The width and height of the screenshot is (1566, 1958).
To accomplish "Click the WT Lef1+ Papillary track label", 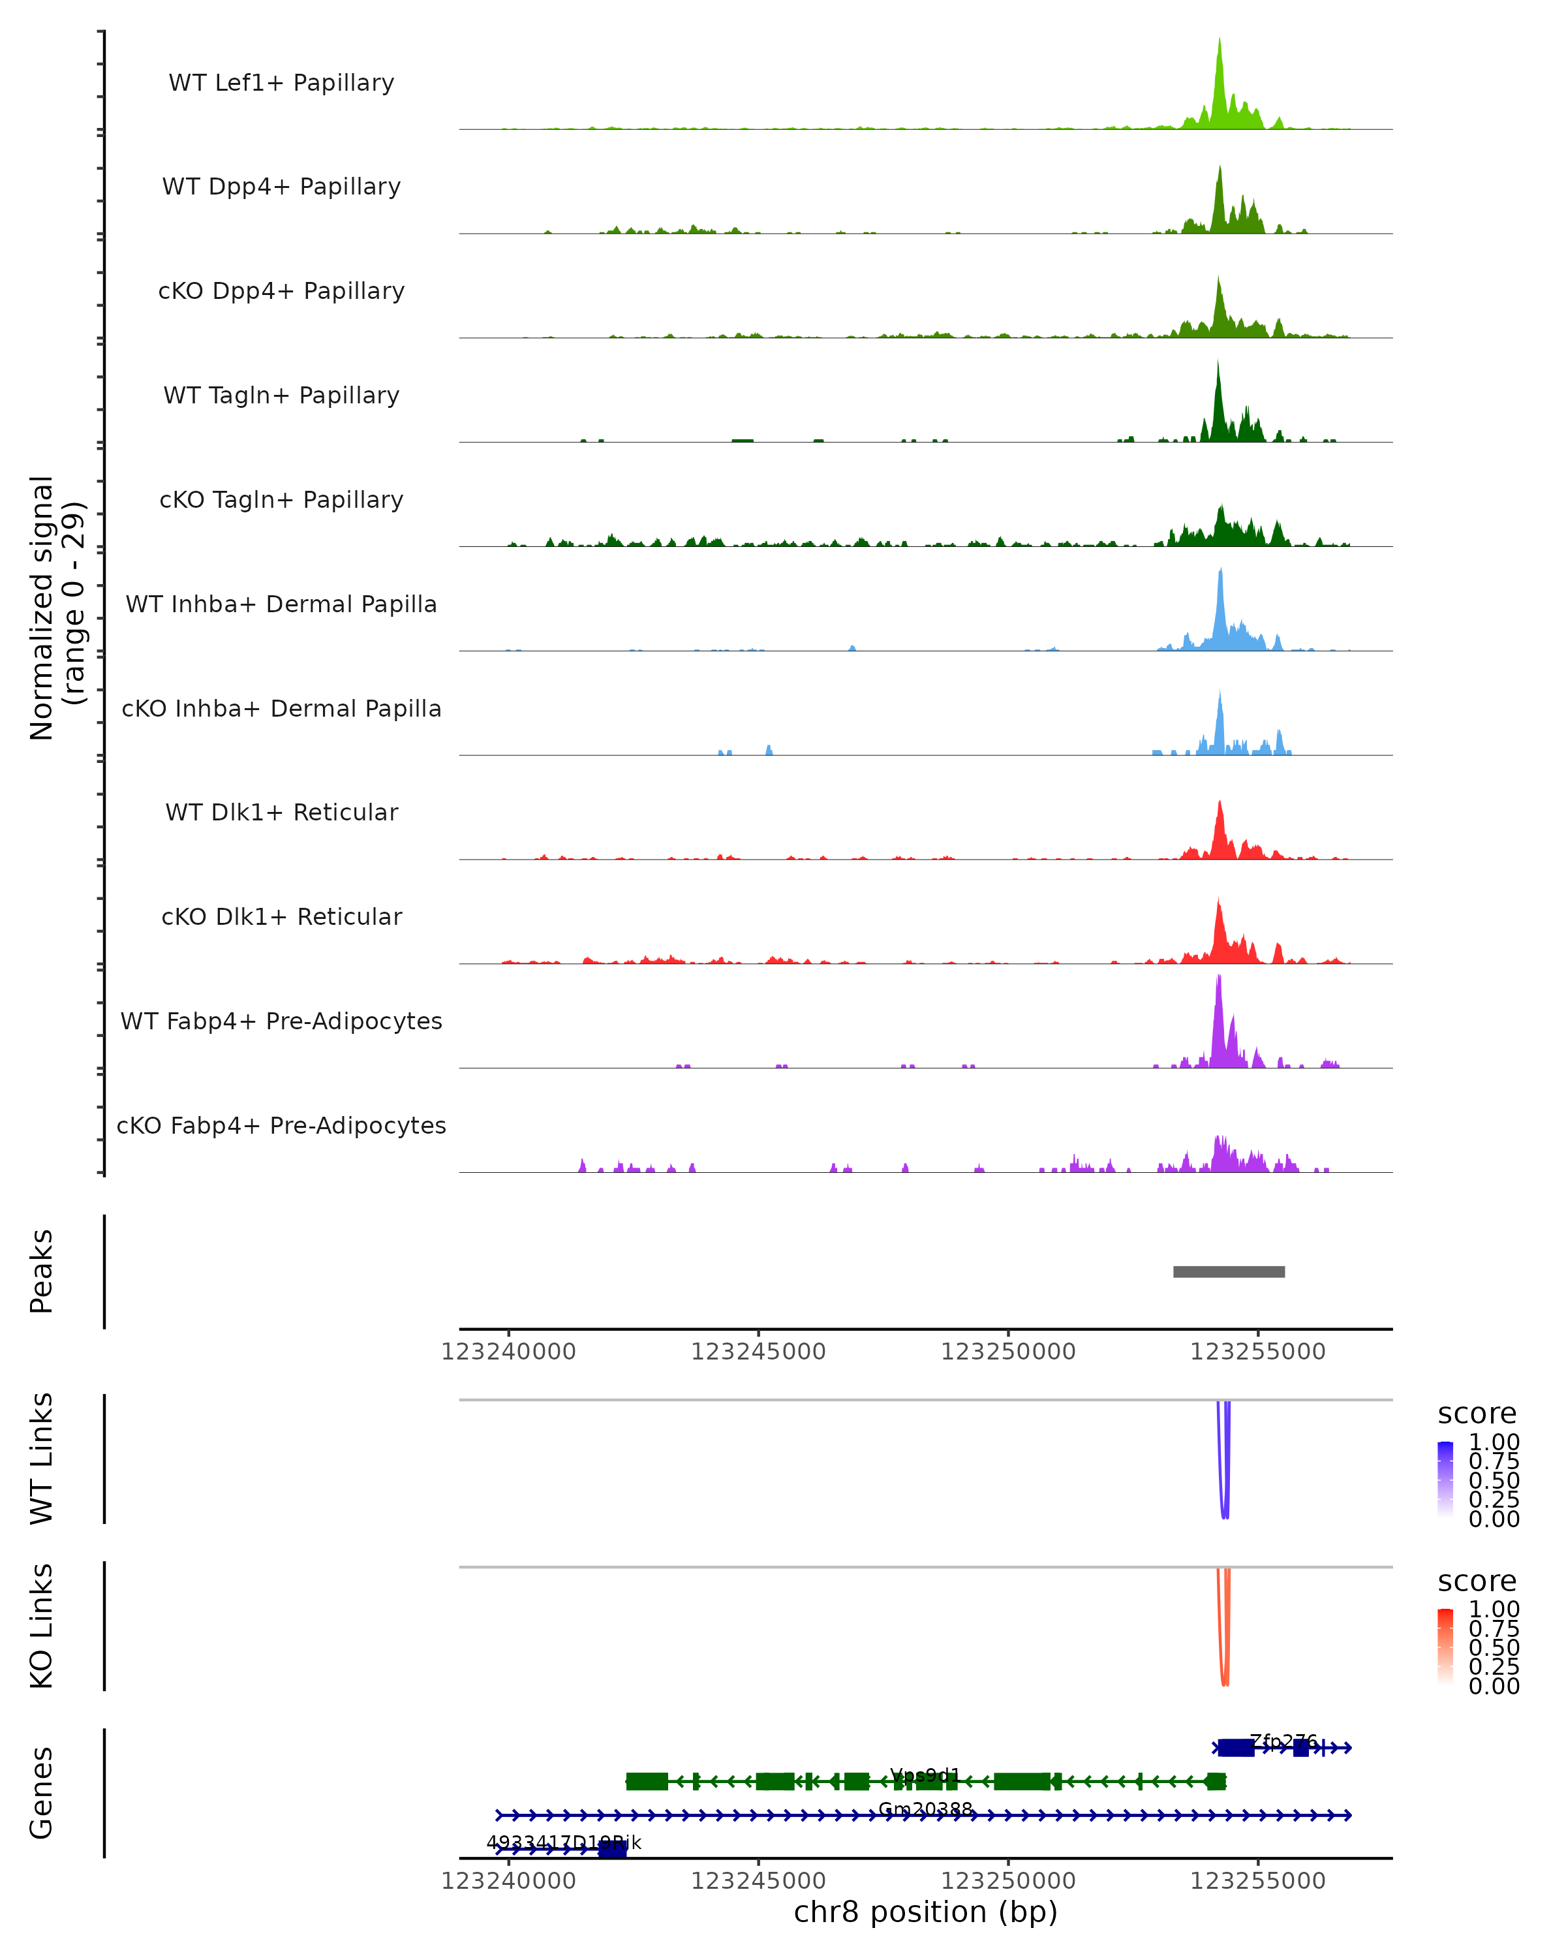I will coord(281,83).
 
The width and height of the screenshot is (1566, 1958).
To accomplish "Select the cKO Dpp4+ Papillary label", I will coord(281,292).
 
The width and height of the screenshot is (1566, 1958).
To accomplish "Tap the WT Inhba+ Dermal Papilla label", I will coord(281,605).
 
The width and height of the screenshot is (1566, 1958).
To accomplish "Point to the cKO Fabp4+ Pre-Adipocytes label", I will coord(281,1126).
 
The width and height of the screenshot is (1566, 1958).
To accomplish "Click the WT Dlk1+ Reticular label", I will coord(281,813).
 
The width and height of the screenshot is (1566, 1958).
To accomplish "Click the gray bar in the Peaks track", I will coord(1228,1271).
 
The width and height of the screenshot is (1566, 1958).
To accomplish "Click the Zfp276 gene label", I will coord(1283,1741).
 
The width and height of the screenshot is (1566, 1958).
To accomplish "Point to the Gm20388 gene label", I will coord(925,1809).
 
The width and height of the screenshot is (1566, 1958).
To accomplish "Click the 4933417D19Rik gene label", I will coord(564,1842).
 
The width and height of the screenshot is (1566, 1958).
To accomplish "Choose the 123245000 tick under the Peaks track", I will coord(758,1352).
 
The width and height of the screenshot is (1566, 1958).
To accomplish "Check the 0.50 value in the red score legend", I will coord(1494,1647).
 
